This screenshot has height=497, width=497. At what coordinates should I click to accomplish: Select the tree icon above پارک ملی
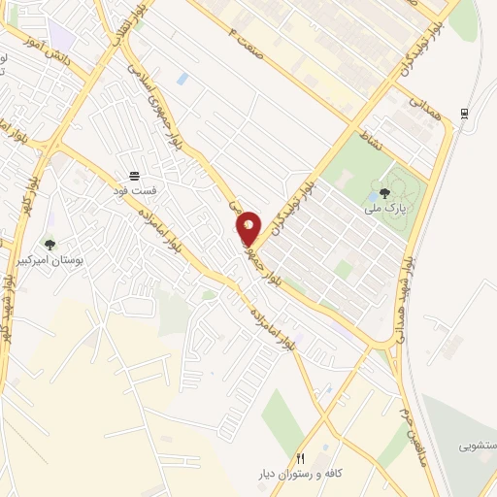(x=385, y=193)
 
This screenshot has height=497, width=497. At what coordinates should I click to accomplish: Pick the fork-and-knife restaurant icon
(x=301, y=459)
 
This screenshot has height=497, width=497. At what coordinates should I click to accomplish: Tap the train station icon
(x=465, y=114)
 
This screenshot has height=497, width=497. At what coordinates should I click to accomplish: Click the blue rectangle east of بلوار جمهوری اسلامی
(x=182, y=78)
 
